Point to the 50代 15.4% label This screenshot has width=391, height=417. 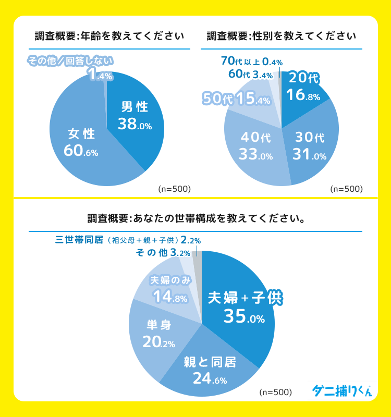(x=236, y=98)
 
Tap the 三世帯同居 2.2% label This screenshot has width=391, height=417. (x=128, y=240)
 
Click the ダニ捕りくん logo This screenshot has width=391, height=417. (x=342, y=390)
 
